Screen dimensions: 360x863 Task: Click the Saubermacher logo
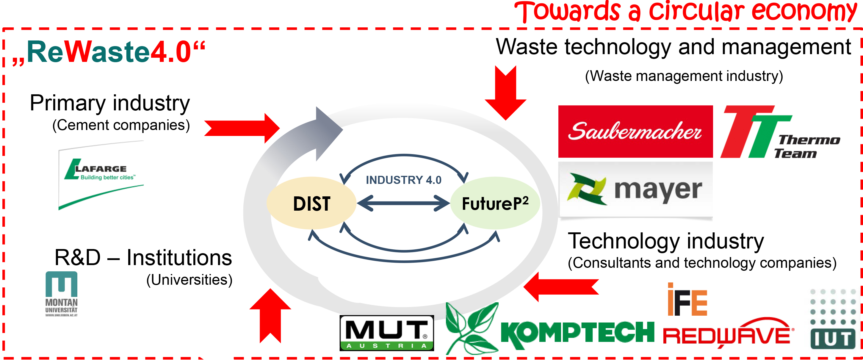pos(635,132)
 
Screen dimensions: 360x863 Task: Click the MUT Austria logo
pos(387,333)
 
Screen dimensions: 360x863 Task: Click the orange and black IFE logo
pos(687,300)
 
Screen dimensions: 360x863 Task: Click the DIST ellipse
pos(311,204)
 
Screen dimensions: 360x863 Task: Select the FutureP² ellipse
pos(495,204)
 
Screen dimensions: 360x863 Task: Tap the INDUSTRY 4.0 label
pos(403,180)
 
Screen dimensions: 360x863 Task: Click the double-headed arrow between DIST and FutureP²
pos(403,203)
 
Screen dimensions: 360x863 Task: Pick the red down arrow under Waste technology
pos(505,93)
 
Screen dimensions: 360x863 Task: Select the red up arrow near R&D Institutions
pos(270,315)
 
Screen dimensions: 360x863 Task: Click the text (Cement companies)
pos(121,125)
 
